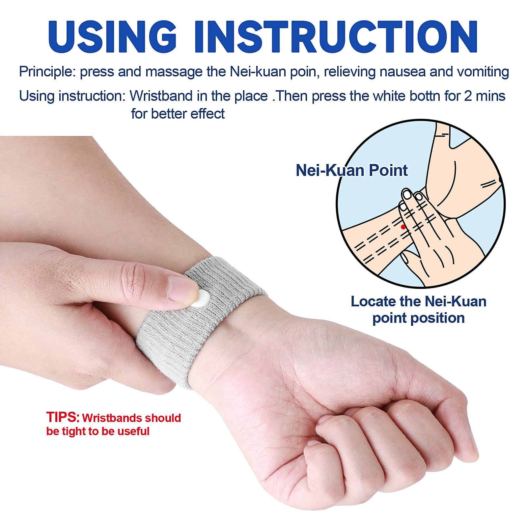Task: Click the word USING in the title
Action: [112, 37]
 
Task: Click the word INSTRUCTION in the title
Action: [336, 37]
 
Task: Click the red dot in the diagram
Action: [403, 227]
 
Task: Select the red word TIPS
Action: [63, 417]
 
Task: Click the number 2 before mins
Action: [468, 96]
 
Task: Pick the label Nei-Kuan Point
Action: [351, 170]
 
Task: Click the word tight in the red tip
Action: [74, 432]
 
